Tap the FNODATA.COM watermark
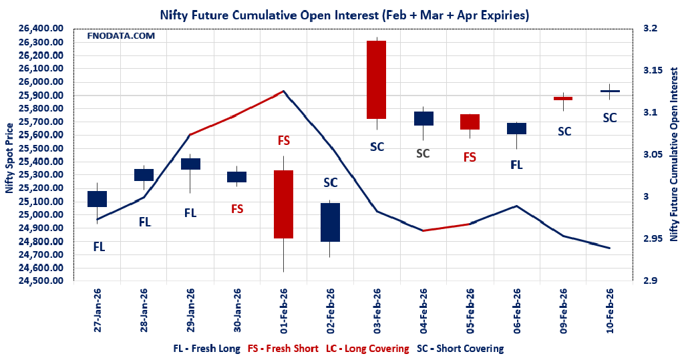click(122, 35)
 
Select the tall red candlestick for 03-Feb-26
click(377, 79)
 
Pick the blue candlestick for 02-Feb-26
click(330, 222)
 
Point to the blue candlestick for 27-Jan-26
click(97, 198)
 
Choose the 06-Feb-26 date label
click(517, 311)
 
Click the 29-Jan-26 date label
click(190, 311)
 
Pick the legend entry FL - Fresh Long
click(206, 349)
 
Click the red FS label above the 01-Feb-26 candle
click(283, 141)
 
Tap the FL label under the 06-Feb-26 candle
click(516, 164)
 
